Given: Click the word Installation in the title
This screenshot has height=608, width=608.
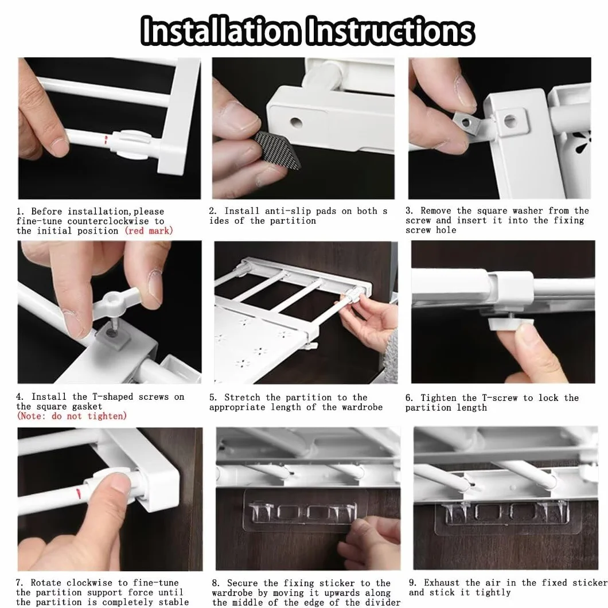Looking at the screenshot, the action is (x=220, y=30).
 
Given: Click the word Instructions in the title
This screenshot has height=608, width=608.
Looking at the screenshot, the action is (x=390, y=30).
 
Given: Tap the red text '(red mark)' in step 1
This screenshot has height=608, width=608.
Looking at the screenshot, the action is (x=149, y=231).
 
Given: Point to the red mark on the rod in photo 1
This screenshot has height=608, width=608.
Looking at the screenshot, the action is (x=106, y=140).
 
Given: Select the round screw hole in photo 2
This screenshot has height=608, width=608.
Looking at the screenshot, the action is (x=296, y=123).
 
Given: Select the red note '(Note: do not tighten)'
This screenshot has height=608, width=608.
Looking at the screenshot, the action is (x=72, y=416).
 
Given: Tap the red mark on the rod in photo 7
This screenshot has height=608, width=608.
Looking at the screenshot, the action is (x=79, y=494).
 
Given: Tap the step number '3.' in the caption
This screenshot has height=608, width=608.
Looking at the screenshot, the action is (x=410, y=211).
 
